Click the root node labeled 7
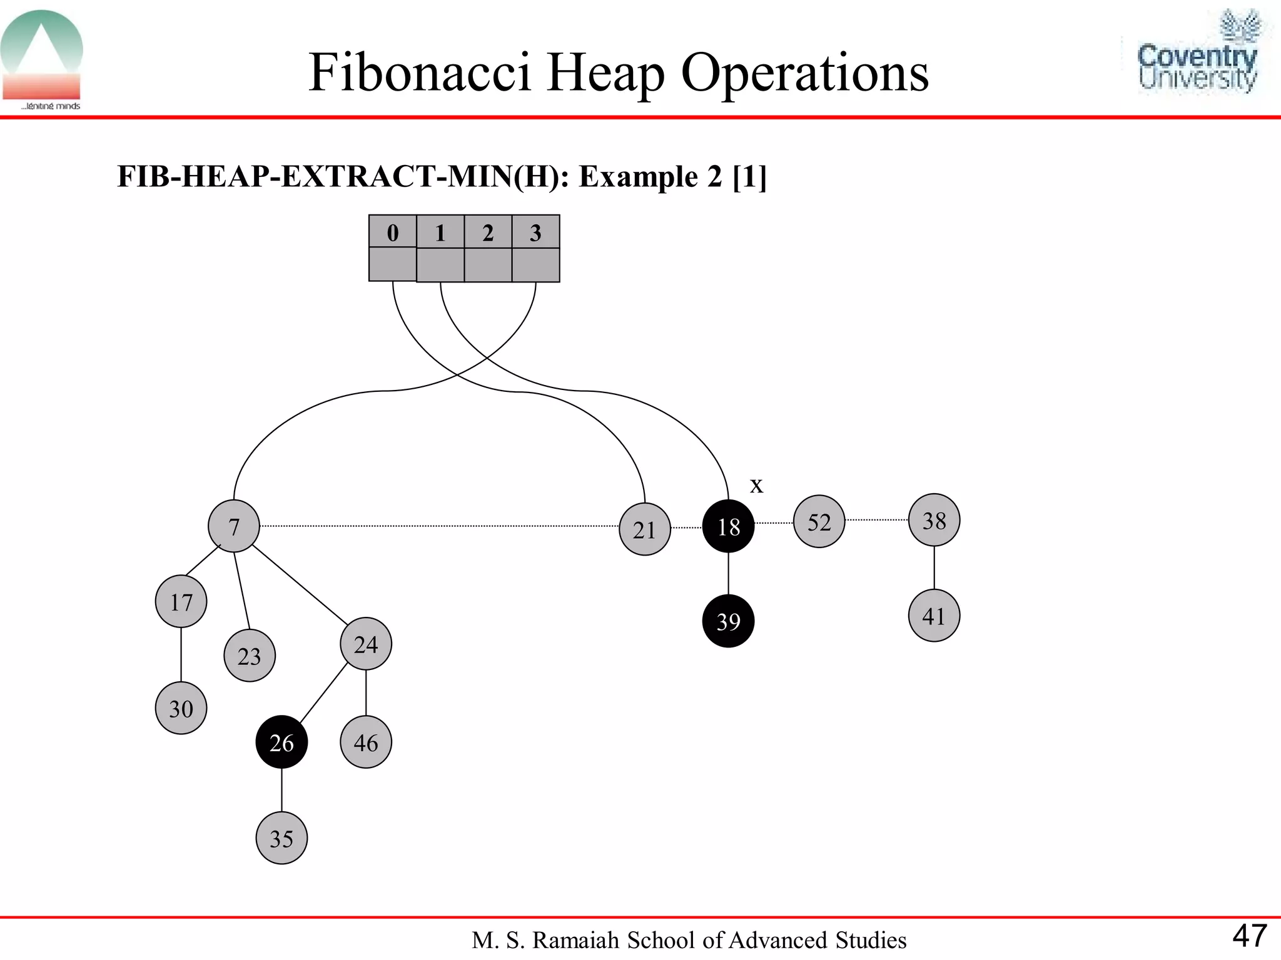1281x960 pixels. [x=234, y=526]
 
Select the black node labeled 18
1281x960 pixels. [x=728, y=527]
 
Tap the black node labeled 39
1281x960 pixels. [x=728, y=621]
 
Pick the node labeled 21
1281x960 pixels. [x=644, y=529]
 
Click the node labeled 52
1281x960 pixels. [x=819, y=522]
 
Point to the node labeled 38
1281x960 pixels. [x=934, y=520]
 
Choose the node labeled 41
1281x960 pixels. [x=934, y=616]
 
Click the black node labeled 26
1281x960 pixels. [x=281, y=742]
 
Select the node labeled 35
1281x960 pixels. [x=281, y=838]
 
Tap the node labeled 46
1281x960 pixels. [x=366, y=742]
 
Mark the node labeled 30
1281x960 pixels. [x=181, y=708]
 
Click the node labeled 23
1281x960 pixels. [x=249, y=656]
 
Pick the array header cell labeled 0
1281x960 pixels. [x=393, y=232]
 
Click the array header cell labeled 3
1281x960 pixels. [x=535, y=232]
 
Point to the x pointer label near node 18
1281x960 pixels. [x=757, y=485]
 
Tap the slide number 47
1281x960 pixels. [x=1250, y=936]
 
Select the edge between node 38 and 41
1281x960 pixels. [x=934, y=567]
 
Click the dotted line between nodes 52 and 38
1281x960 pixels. [x=876, y=520]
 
